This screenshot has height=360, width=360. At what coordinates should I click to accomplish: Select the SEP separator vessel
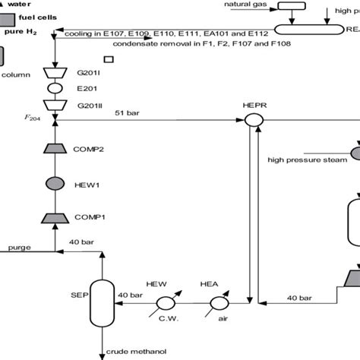[101, 306]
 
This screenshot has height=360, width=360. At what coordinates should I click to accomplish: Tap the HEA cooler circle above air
[219, 303]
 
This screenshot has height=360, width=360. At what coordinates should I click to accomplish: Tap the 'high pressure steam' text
[304, 159]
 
